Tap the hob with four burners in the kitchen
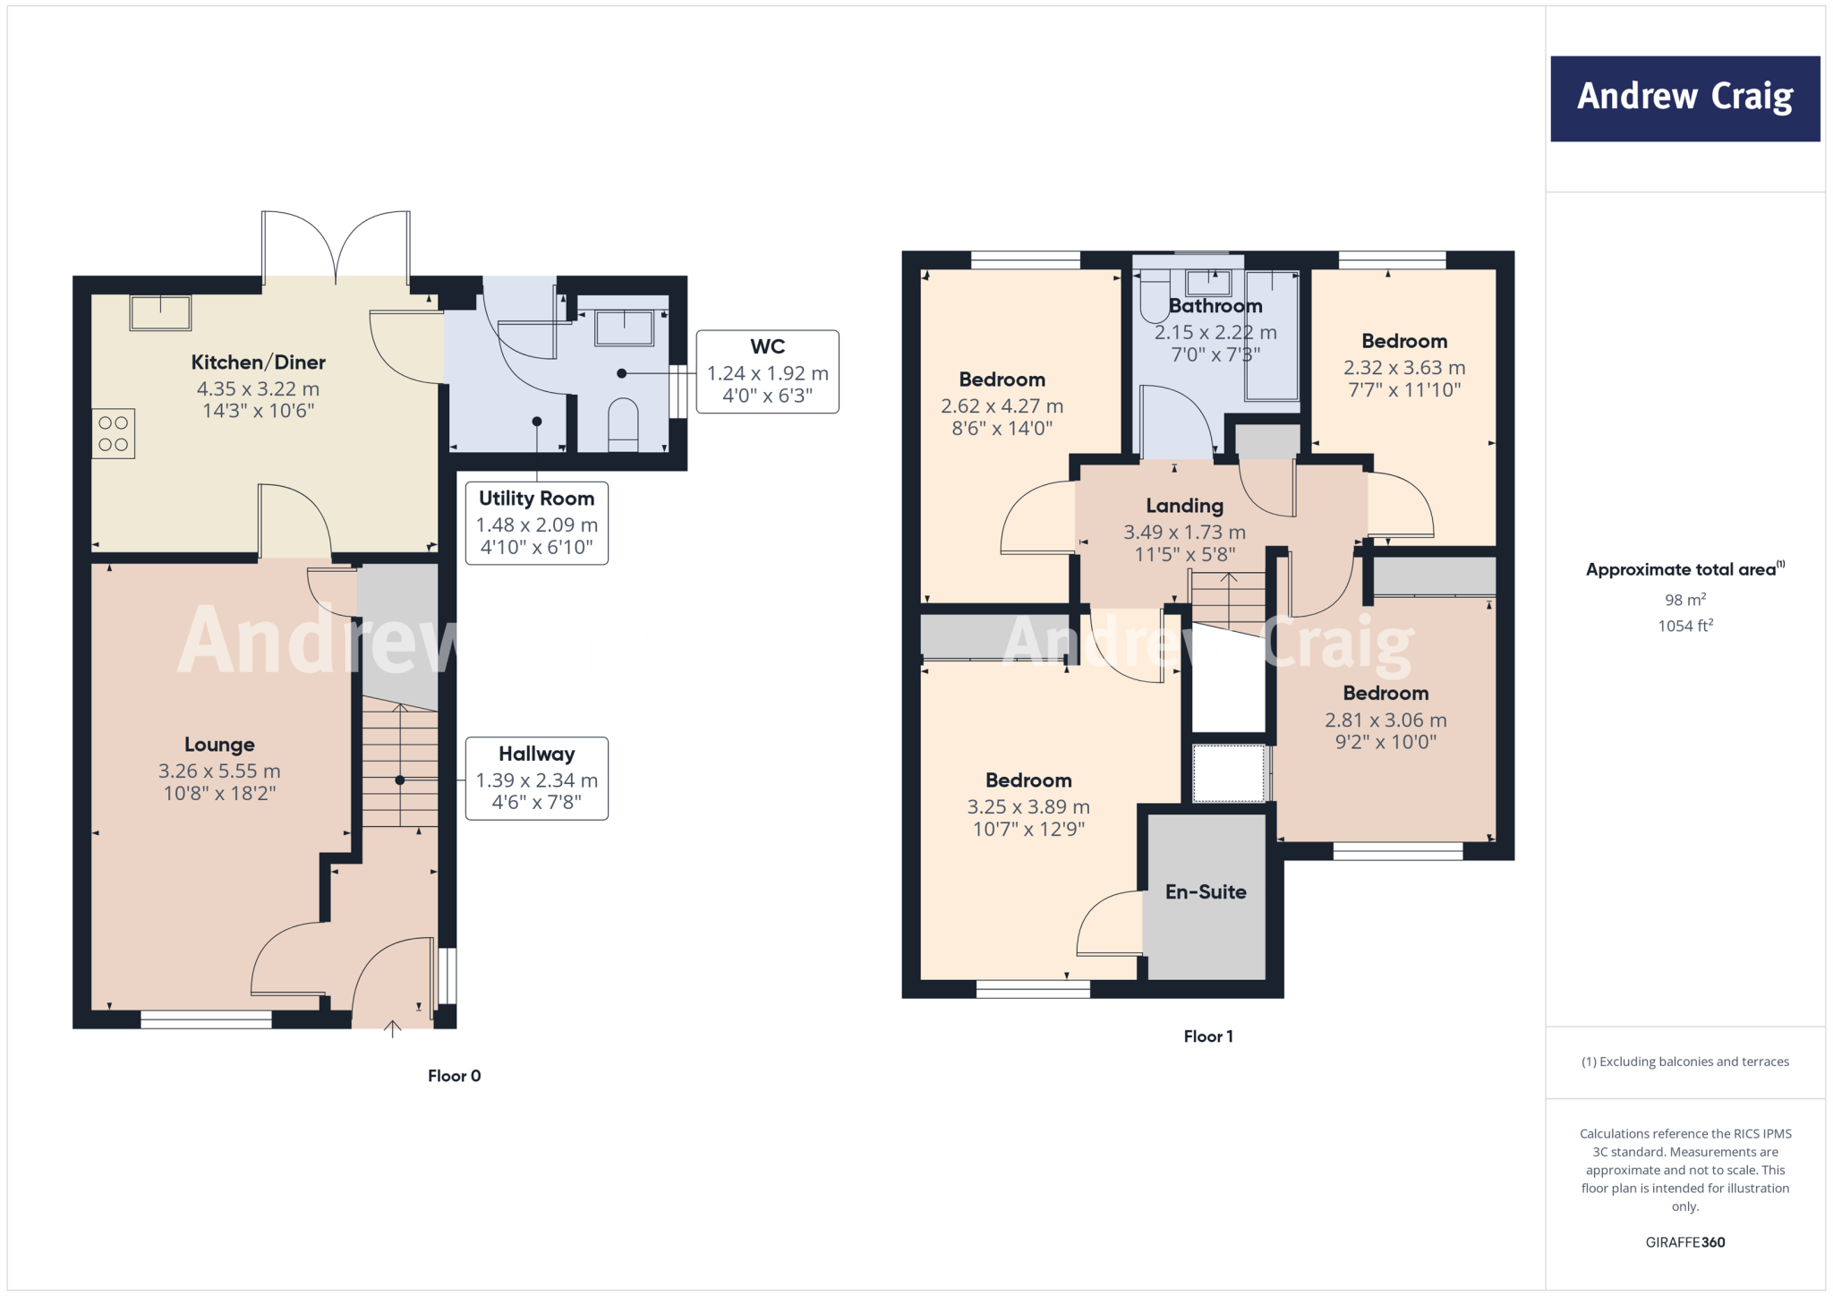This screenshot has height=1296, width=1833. coord(114,434)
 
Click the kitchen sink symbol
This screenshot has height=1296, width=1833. coord(160,312)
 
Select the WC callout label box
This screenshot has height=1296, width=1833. coord(767,371)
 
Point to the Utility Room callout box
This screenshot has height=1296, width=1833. coord(536,523)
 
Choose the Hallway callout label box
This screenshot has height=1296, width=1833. coord(536,778)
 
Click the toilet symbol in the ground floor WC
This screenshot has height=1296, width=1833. coord(623,423)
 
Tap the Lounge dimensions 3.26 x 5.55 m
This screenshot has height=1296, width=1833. coord(219,771)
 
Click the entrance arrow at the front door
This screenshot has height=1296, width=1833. coord(392,1028)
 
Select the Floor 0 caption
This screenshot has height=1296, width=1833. coord(454,1076)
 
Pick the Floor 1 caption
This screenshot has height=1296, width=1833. coord(1207,1036)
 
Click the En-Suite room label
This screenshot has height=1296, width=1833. coord(1206,891)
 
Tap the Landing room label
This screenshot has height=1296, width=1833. coord(1184,506)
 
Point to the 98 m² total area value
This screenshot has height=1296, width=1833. coord(1684,600)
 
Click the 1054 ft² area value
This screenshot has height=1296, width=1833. coord(1684,626)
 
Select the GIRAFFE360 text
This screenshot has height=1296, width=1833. coord(1684,1242)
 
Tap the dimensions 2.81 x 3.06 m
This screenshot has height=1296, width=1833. coord(1385,720)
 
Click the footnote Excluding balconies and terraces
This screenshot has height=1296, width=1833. coord(1684,1062)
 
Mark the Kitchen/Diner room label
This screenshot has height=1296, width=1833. coord(258,362)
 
